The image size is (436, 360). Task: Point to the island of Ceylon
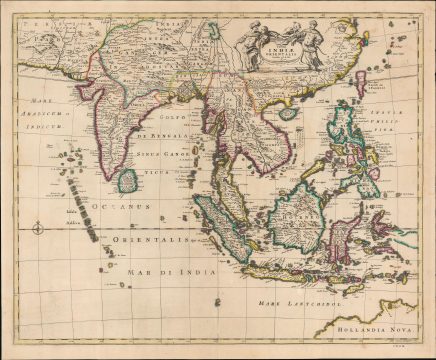point(128,182)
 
